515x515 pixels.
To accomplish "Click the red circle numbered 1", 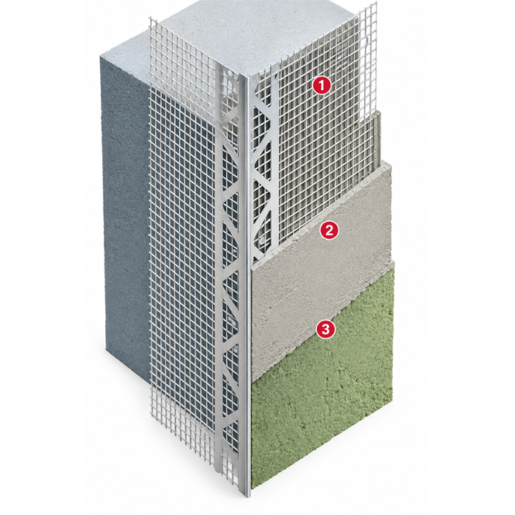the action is click(321, 85).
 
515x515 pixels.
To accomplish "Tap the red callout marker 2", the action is click(329, 230).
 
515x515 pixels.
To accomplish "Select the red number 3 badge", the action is click(325, 329).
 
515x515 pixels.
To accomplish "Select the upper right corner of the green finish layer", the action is click(393, 260).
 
